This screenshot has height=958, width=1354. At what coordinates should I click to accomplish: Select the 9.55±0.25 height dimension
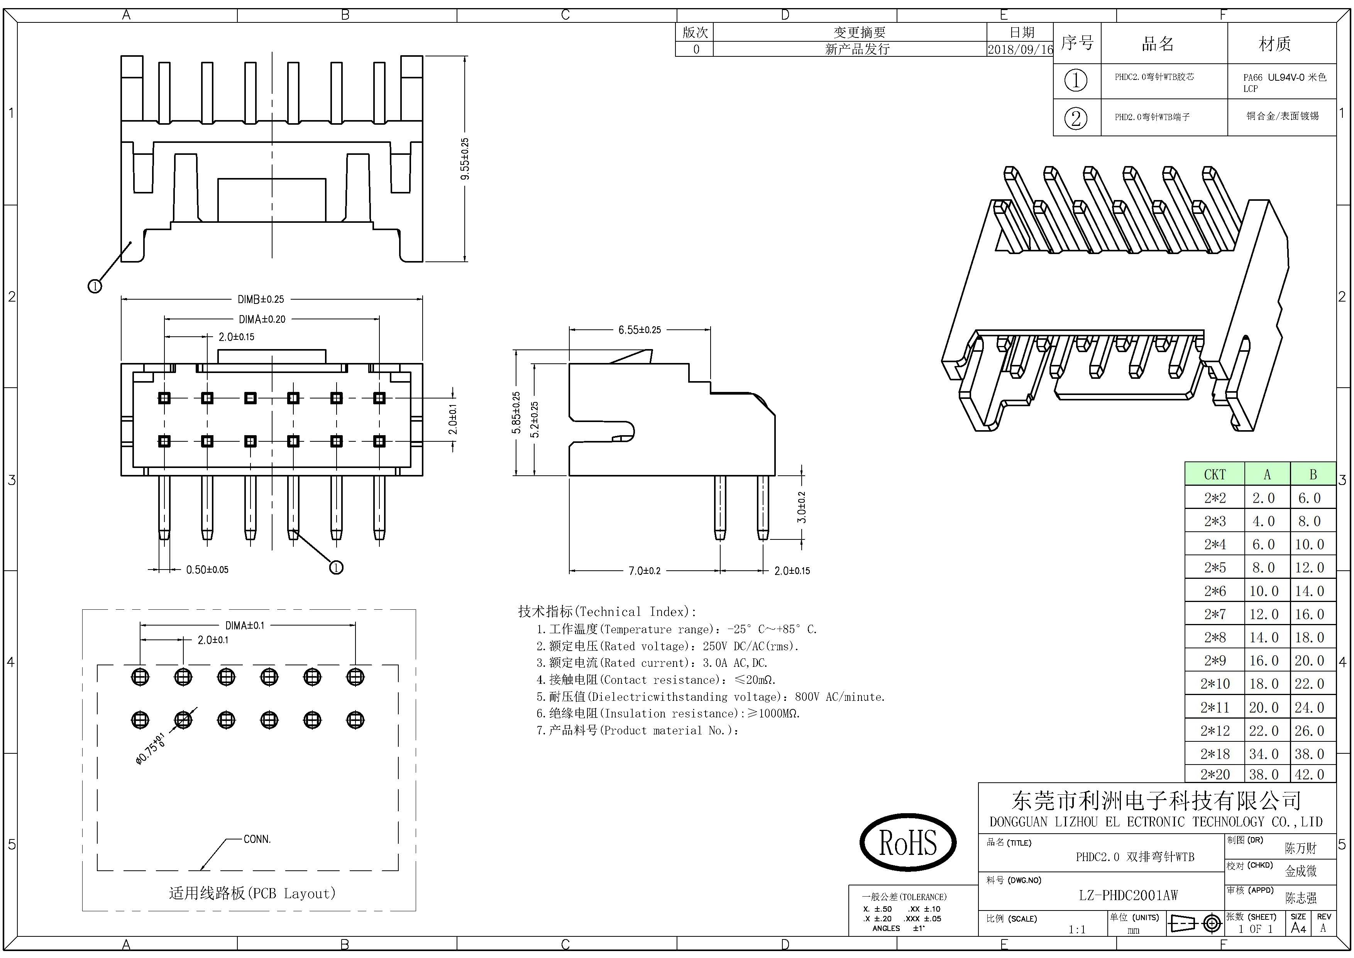pyautogui.click(x=465, y=159)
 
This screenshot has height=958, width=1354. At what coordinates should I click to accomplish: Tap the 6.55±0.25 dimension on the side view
pyautogui.click(x=639, y=330)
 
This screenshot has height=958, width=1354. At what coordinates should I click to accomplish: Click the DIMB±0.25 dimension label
pyautogui.click(x=261, y=299)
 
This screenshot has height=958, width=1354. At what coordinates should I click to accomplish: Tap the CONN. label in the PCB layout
pyautogui.click(x=257, y=839)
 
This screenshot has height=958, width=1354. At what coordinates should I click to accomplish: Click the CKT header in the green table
pyautogui.click(x=1214, y=474)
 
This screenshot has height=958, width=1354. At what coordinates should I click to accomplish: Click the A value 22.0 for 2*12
pyautogui.click(x=1263, y=731)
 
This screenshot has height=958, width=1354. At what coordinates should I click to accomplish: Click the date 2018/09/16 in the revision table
pyautogui.click(x=1020, y=49)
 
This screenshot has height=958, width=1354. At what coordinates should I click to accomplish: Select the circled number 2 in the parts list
pyautogui.click(x=1076, y=118)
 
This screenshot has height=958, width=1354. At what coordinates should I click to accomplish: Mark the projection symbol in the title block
pyautogui.click(x=1194, y=923)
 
